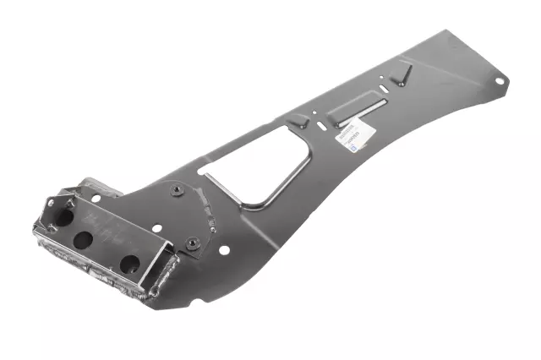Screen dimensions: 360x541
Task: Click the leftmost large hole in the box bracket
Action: (64, 216)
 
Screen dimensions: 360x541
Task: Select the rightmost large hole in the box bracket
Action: (128, 263)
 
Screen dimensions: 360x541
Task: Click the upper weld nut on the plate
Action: (176, 190)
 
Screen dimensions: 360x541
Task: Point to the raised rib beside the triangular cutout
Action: (298, 124)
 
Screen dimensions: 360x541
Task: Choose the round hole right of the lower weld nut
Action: (225, 249)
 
